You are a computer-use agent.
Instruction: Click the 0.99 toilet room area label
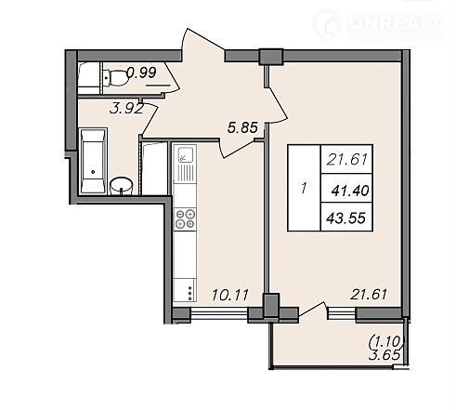coord(142,73)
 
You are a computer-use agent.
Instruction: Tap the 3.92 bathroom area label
coord(126,109)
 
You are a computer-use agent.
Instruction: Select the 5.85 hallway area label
coord(242,127)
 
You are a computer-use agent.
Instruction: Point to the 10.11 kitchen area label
coord(230,295)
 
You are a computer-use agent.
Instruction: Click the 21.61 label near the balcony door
coord(369,294)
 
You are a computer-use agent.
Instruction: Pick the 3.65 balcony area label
coord(384,355)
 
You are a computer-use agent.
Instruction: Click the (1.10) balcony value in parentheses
coord(386,342)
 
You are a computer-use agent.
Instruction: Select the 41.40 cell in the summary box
coord(350,191)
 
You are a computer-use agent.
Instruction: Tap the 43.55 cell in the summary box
coord(346,218)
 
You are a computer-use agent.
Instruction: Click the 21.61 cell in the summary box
coord(346,160)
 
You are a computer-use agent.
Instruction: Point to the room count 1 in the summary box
coord(304,188)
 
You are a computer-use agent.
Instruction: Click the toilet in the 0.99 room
coord(115,78)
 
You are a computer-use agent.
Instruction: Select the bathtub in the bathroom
coord(93,161)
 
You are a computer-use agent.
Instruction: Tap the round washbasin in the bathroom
coord(122,186)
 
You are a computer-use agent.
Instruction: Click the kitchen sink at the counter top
coord(185,164)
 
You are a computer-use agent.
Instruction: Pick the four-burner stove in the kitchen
coord(185,218)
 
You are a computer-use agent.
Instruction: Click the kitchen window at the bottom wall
coord(219,313)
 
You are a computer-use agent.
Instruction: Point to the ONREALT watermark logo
coord(379,25)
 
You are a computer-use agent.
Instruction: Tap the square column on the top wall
coord(271,57)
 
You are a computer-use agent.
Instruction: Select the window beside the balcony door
coord(341,312)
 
